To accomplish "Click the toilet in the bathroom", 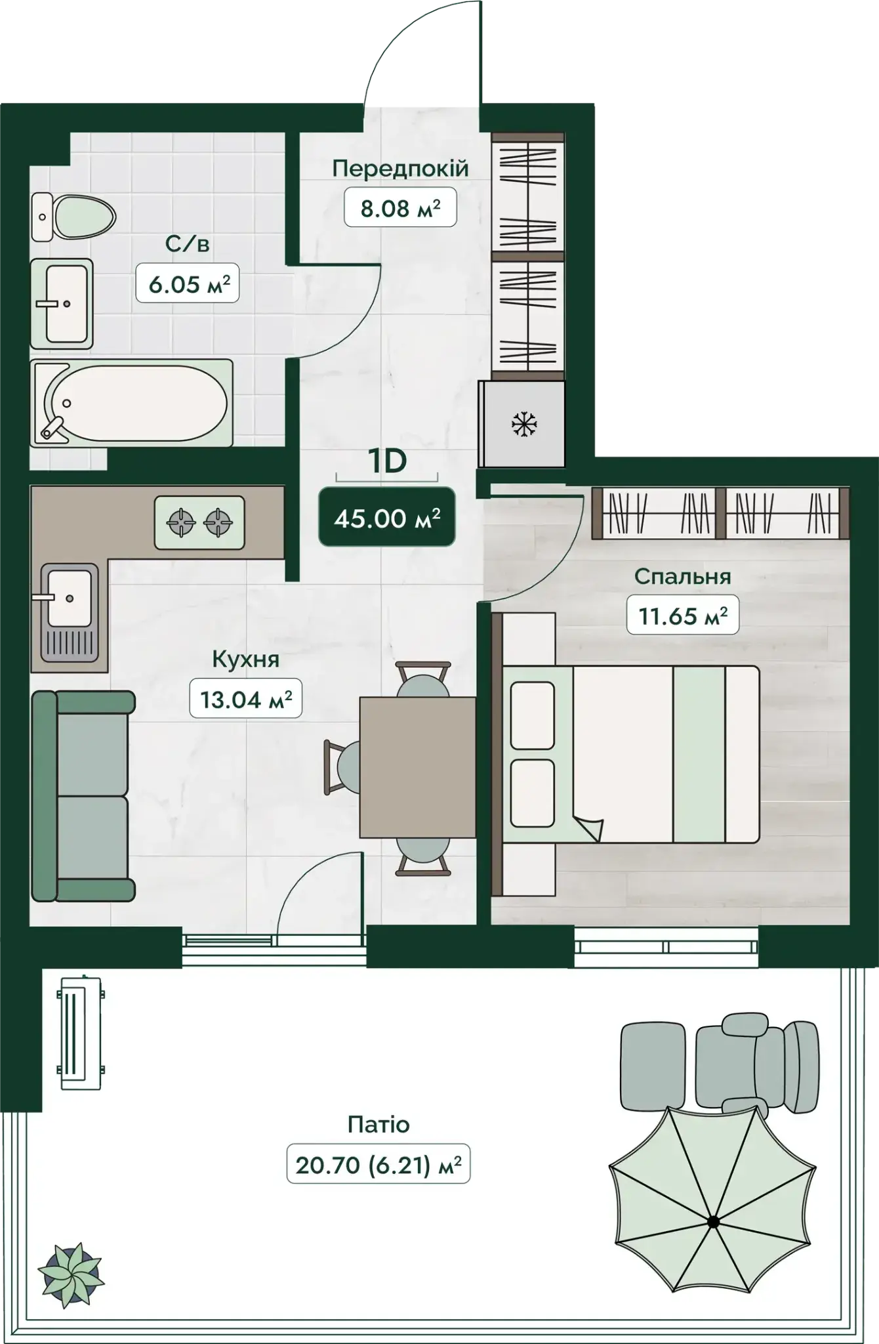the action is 73,217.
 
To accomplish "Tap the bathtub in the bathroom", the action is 132,402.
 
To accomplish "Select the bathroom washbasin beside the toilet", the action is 62,303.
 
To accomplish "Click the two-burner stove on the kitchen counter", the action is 199,522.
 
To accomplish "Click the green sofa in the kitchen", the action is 83,796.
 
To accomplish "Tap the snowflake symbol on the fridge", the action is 524,424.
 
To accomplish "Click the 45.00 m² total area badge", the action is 387,517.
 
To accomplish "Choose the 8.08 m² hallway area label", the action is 400,208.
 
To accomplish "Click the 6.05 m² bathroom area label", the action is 188,283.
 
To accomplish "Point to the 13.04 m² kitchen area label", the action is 246,698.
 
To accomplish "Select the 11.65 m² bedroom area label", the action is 683,615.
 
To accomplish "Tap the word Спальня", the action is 682,576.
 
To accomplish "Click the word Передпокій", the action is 400,168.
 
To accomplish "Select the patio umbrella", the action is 712,1221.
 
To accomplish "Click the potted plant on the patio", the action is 71,1274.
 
